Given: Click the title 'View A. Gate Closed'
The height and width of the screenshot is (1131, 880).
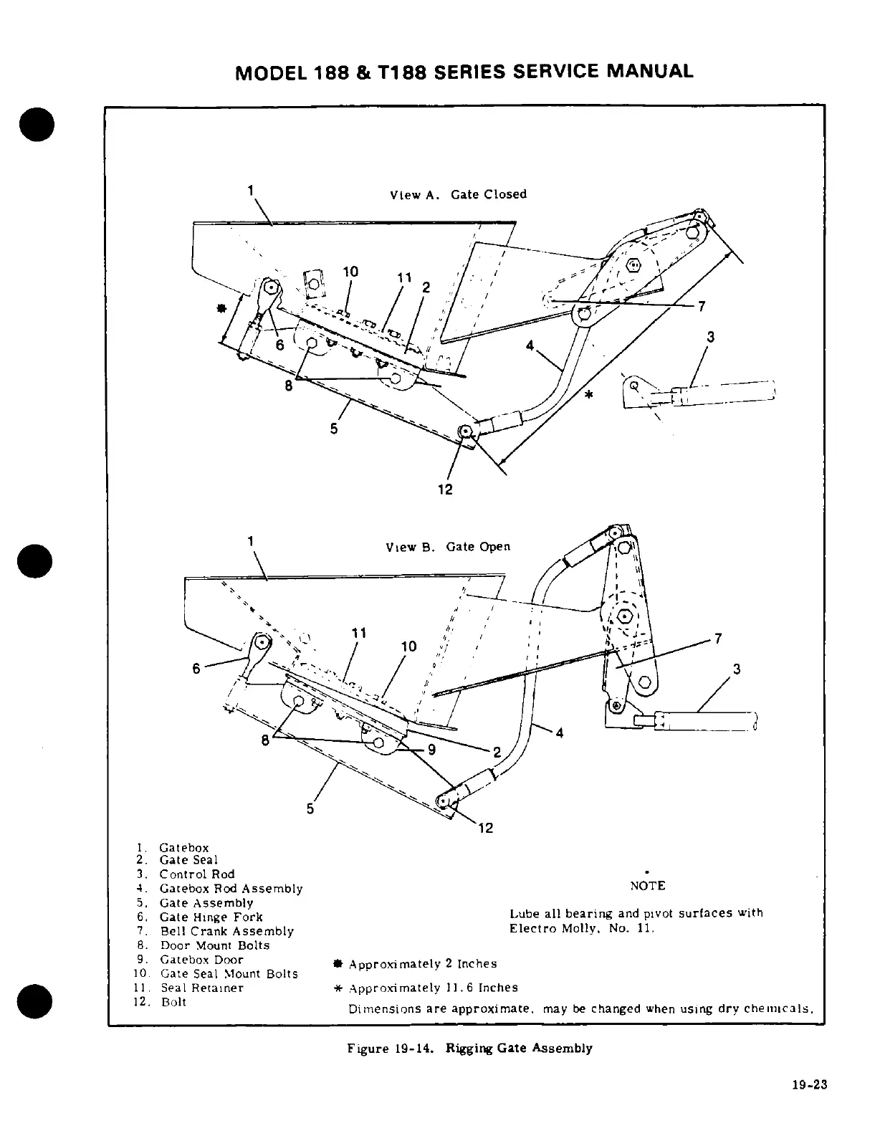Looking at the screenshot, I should [x=458, y=194].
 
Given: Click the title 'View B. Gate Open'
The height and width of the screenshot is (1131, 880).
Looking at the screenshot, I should [x=448, y=547].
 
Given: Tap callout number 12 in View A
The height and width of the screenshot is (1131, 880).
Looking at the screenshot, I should [x=444, y=490].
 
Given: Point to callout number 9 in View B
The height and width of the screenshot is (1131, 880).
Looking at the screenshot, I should [x=431, y=750].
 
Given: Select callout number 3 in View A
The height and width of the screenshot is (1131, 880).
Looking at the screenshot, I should [x=710, y=336].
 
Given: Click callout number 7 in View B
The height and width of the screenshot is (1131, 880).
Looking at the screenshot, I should [x=718, y=639].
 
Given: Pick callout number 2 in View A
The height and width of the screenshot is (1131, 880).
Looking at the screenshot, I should [x=426, y=287].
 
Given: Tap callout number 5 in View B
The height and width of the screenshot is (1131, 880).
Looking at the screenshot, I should [x=310, y=808].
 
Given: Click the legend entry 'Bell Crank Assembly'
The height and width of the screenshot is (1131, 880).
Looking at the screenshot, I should [x=226, y=931].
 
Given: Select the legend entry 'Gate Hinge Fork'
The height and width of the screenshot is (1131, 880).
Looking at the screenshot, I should [x=211, y=917].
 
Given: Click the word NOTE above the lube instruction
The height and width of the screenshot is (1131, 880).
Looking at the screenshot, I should [x=647, y=886].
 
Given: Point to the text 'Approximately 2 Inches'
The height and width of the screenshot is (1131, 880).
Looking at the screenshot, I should [x=422, y=964].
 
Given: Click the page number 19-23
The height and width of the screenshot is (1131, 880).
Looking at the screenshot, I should [x=810, y=1084].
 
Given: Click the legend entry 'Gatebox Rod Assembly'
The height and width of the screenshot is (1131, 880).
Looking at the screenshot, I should [x=231, y=889].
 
